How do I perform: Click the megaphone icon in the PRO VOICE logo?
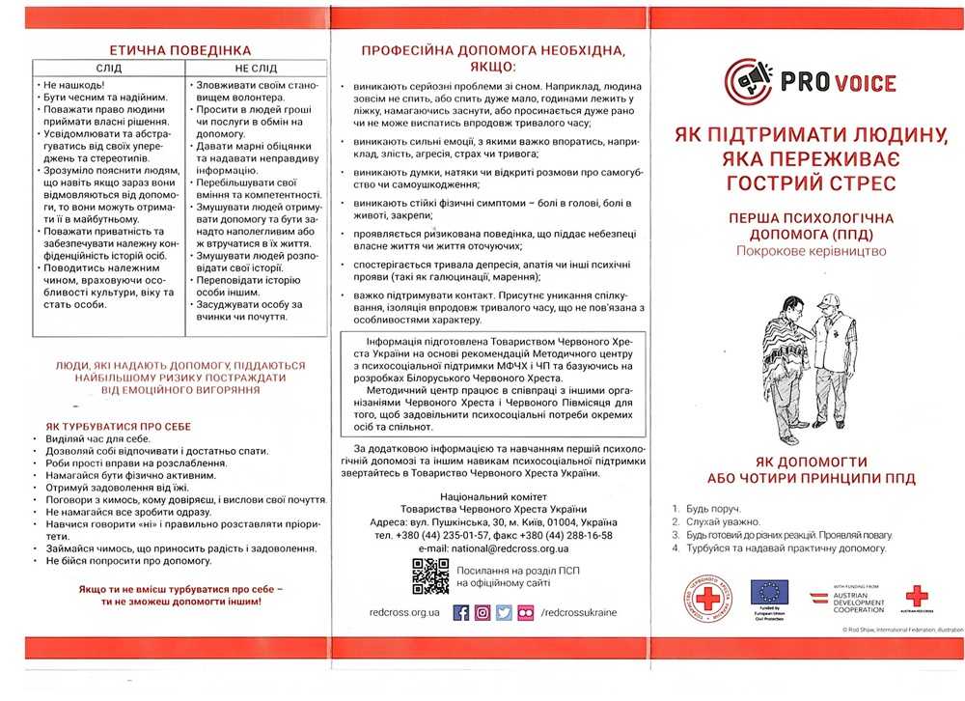[749, 80]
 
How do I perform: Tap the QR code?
[430, 575]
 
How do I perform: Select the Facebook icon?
[461, 612]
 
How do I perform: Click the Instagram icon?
[482, 612]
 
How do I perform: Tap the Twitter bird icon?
[504, 612]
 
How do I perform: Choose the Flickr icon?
[525, 612]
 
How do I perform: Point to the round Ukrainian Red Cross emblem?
[706, 599]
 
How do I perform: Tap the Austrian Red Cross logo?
[916, 597]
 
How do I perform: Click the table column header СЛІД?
[108, 69]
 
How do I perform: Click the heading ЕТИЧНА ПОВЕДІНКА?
[180, 49]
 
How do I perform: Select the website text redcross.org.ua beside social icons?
[404, 612]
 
